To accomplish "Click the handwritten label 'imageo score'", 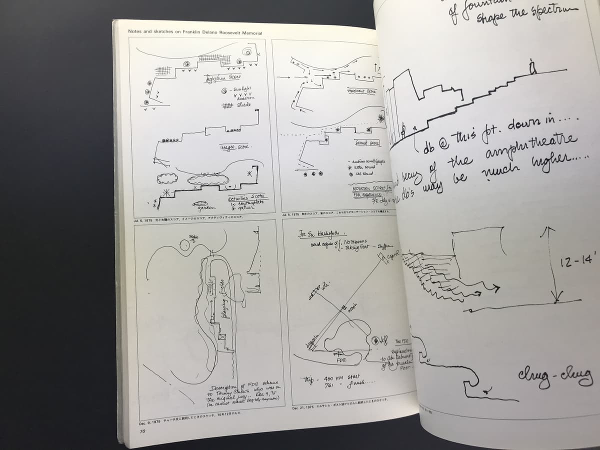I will (234, 147).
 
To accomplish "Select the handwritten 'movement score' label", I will (361, 91).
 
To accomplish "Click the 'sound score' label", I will (366, 143).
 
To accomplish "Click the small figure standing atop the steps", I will (533, 66).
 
